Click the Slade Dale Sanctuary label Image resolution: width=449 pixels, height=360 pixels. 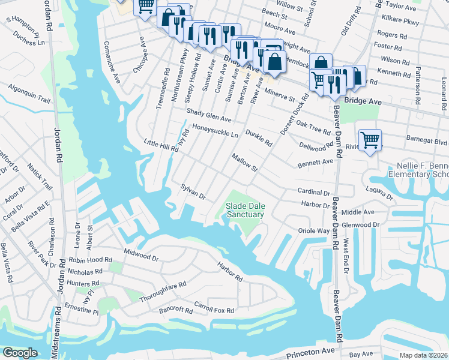[244, 210]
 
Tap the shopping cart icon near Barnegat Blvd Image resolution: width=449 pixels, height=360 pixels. [370, 140]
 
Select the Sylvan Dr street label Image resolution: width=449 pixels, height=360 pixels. [193, 193]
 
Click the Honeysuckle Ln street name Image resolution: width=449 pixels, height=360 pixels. [215, 130]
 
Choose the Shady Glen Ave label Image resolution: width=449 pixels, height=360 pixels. [208, 115]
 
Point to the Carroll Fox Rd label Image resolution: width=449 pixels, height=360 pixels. [213, 309]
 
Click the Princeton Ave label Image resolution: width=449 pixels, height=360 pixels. [310, 350]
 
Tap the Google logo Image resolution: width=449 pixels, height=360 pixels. [20, 353]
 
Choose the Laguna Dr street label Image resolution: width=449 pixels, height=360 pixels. [379, 193]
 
